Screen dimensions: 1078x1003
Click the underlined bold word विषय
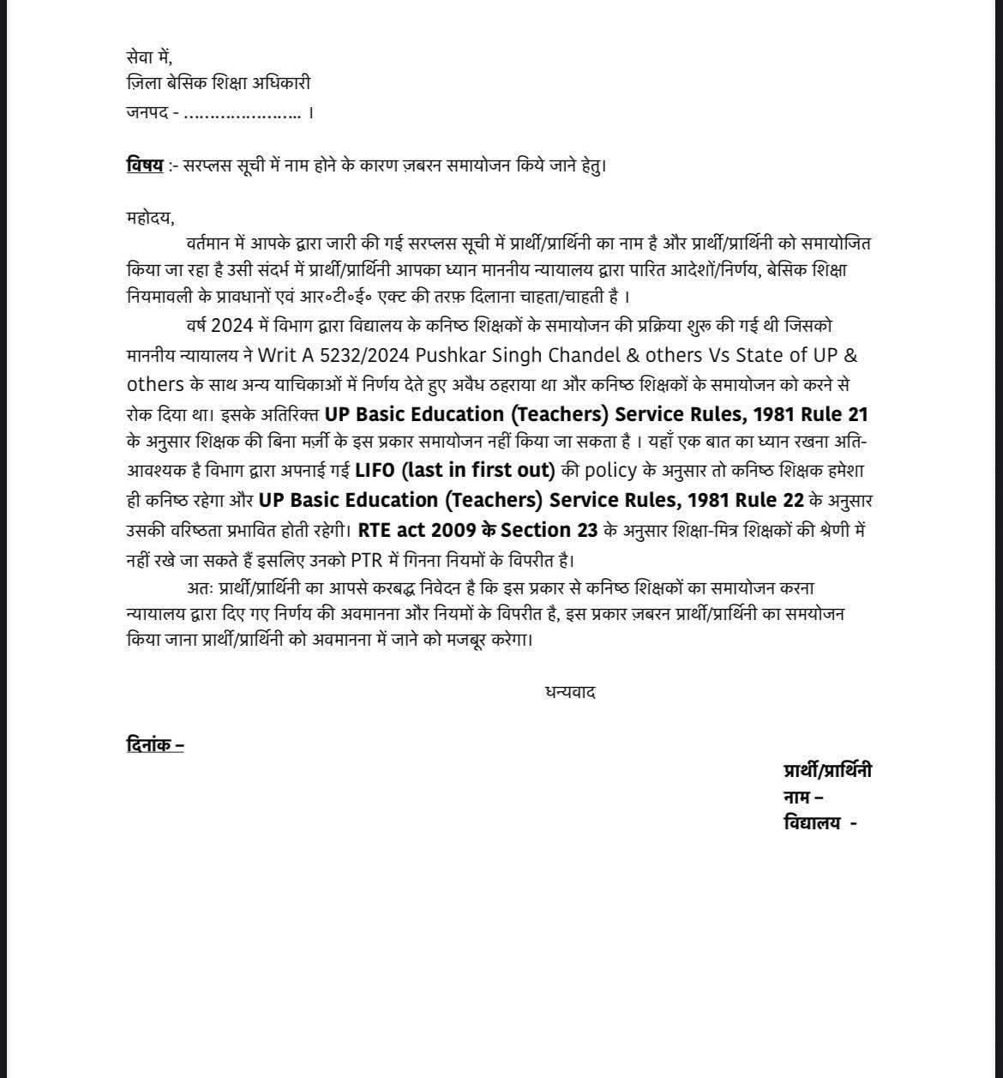tap(144, 165)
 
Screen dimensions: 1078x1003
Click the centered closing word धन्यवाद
tap(570, 691)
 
